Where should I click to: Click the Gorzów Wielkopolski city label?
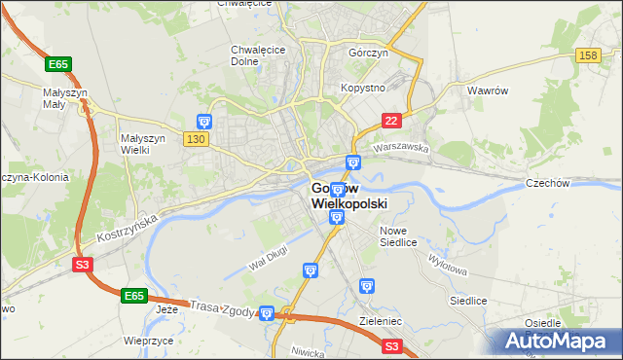click(348, 196)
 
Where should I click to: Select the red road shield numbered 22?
click(390, 120)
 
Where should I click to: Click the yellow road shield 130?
click(195, 139)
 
